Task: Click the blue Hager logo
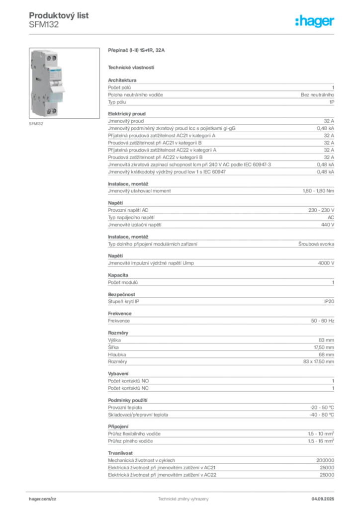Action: pos(315,21)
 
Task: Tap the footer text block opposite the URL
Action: pos(326,497)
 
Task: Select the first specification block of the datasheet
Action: pos(221,92)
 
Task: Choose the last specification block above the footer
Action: pos(221,465)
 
